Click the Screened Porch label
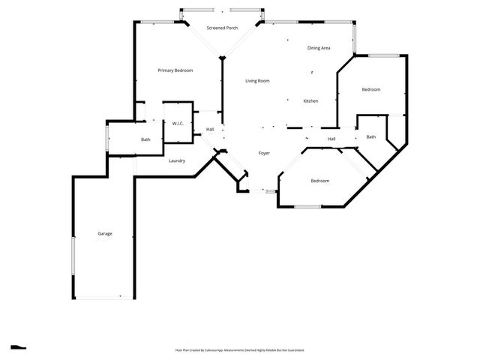pos(222,28)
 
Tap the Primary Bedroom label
pos(175,70)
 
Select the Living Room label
pos(257,81)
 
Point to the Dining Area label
pos(319,48)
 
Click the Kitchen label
pos(310,101)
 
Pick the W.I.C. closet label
pos(178,123)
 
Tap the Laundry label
pos(177,160)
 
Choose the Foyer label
pos(264,153)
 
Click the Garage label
pos(105,233)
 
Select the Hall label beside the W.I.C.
pos(210,130)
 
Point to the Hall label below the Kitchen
pos(331,139)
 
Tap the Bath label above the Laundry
pos(145,139)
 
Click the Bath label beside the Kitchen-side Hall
pos(370,136)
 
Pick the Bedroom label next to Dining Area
pos(371,90)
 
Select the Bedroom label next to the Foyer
pos(320,181)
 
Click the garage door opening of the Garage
pos(100,298)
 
